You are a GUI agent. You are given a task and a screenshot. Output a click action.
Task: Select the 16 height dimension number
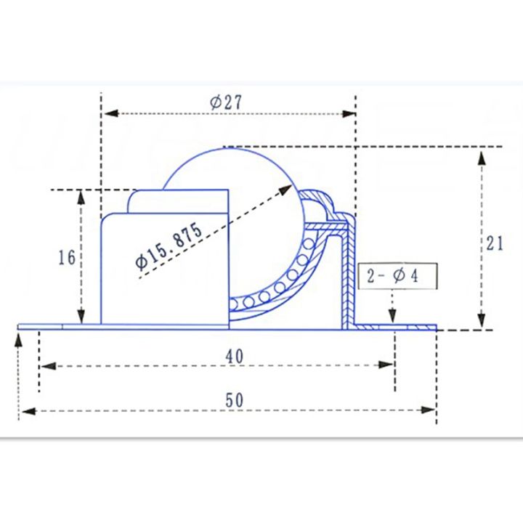66,258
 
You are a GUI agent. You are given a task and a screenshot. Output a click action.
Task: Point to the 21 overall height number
495,244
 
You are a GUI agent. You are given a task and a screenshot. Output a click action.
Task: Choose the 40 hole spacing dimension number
234,356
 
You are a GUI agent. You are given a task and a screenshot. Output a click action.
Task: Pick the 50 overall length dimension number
234,400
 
